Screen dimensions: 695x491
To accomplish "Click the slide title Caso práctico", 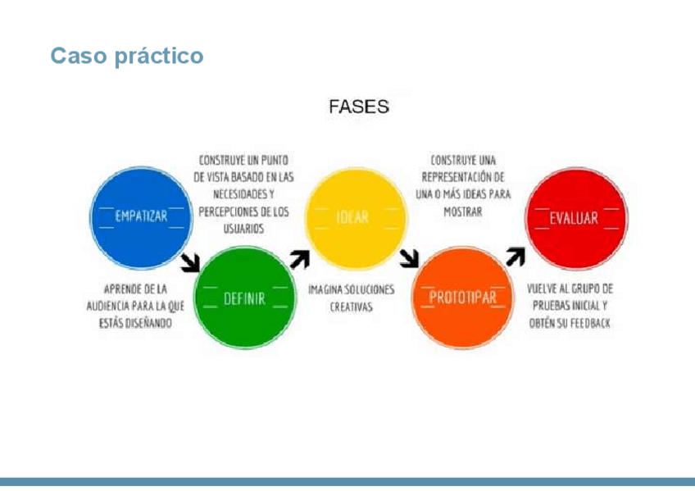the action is [126, 57].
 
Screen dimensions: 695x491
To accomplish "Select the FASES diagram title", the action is [358, 107].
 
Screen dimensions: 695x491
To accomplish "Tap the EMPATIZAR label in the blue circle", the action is [141, 216].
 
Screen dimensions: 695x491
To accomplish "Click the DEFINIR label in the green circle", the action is [244, 299].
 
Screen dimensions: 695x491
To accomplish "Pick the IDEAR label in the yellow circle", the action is [352, 218].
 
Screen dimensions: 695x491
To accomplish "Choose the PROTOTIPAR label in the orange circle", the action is [463, 298].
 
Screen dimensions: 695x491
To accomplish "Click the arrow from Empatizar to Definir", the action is [191, 261].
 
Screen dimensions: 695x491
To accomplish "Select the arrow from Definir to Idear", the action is [300, 259].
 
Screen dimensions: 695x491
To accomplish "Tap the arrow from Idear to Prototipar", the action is [409, 259].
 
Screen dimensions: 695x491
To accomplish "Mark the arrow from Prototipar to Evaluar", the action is [515, 257].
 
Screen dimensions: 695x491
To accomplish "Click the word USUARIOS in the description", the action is [243, 230].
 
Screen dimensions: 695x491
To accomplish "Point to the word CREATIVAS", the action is [351, 307].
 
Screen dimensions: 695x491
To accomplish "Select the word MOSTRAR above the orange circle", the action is [462, 211].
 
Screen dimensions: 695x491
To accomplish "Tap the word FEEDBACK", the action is [587, 324].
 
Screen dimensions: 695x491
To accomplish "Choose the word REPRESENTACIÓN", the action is [463, 177].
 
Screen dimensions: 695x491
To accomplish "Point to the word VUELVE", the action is [544, 289].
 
